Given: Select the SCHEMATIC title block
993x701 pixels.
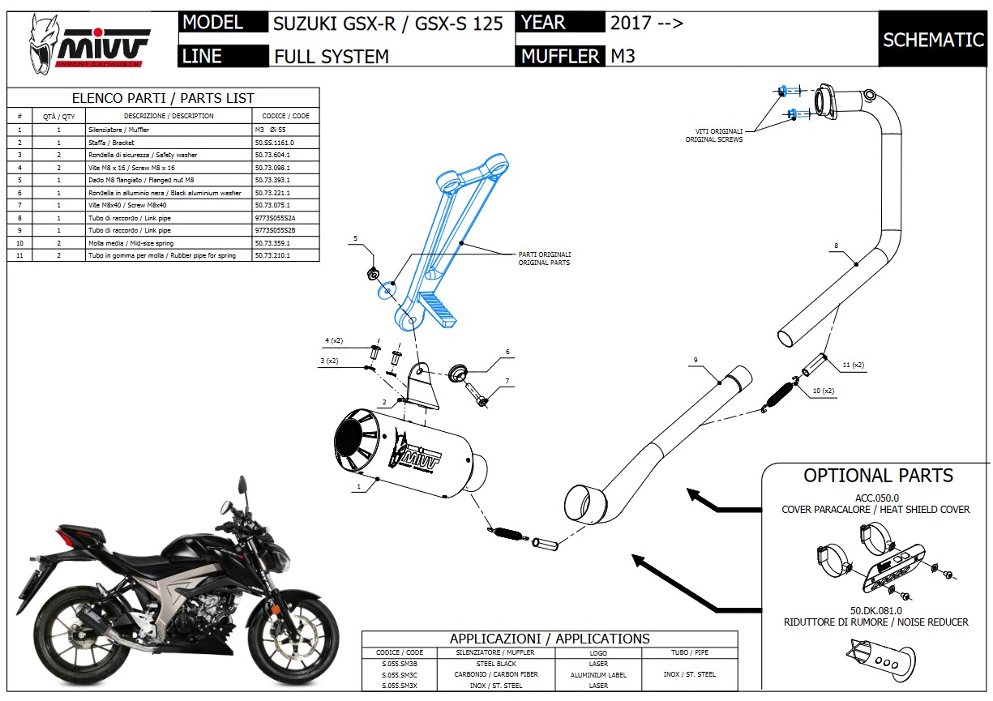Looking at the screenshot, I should tap(933, 39).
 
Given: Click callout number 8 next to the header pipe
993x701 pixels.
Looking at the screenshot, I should tap(836, 246).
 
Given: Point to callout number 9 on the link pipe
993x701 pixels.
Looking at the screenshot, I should tap(696, 359).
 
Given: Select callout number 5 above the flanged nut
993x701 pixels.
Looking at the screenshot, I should tap(355, 239).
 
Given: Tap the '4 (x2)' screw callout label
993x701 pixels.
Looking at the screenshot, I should tap(334, 340).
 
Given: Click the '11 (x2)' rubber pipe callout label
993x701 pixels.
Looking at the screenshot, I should tap(853, 365).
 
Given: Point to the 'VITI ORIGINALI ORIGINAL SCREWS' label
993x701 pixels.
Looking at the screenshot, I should tap(713, 135).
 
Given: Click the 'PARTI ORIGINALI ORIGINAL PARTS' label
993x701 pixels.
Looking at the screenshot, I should tap(544, 259).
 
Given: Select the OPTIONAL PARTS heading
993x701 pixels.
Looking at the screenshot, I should tap(878, 476).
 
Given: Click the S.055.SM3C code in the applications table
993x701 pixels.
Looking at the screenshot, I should tap(399, 674).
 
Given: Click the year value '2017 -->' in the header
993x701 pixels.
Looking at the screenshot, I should tap(647, 23).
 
